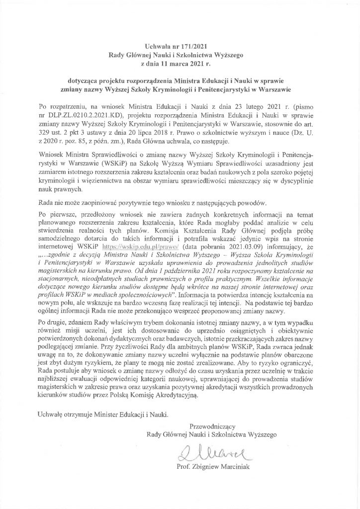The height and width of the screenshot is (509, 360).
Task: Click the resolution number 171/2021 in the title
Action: [x=191, y=45]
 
